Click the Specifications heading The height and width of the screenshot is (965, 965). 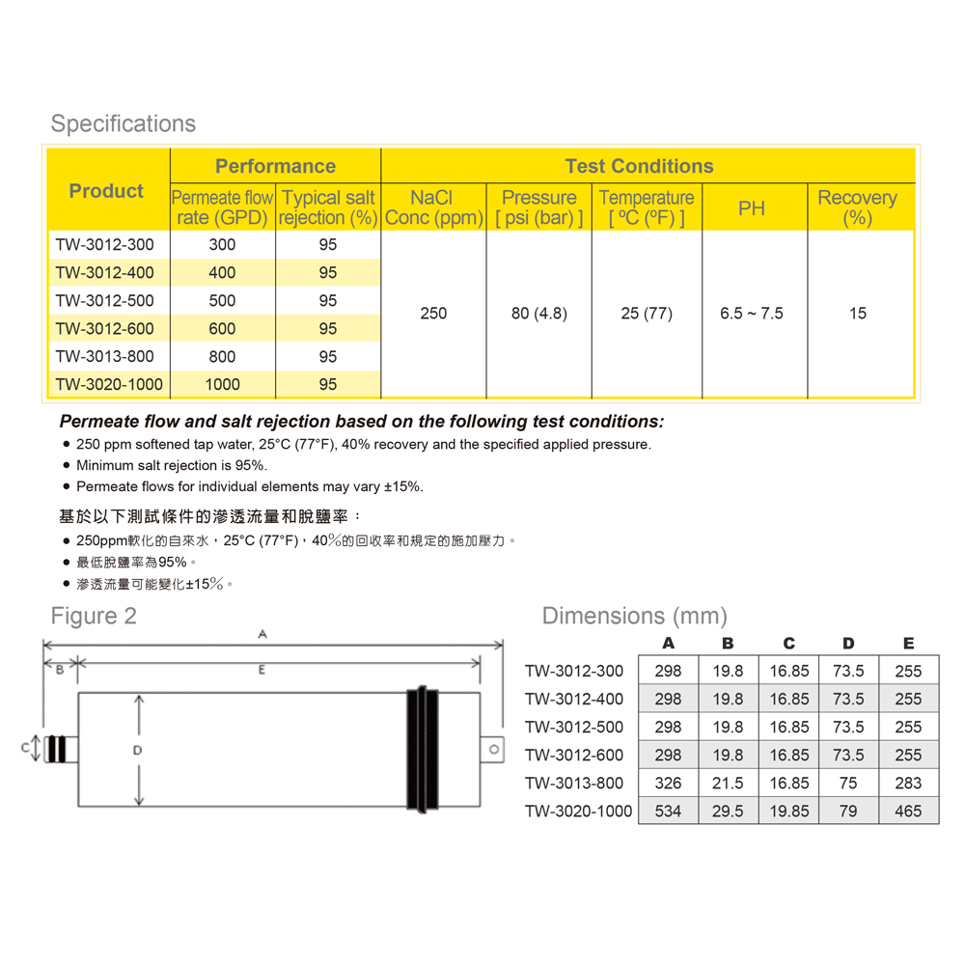point(123,124)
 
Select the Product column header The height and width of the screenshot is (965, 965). point(106,191)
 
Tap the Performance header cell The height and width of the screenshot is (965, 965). point(275,166)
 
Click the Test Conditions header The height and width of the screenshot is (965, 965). point(639,166)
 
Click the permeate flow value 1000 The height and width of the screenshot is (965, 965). point(222,384)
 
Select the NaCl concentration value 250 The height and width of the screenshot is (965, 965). point(433,314)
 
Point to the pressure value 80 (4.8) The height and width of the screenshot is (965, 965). point(538,314)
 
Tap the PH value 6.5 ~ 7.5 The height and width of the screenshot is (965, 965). point(752,314)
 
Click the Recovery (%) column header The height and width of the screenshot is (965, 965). point(857,207)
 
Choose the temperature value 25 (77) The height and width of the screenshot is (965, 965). point(647,314)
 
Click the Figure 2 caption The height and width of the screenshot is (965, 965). point(94,616)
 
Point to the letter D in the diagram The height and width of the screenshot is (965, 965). point(138,749)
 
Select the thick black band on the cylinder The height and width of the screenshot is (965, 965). point(423,748)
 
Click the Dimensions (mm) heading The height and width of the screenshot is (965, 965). point(634,616)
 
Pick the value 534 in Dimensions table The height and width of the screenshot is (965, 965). point(668,811)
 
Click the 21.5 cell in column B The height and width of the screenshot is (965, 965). point(728,783)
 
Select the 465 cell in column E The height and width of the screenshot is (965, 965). point(908,811)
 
